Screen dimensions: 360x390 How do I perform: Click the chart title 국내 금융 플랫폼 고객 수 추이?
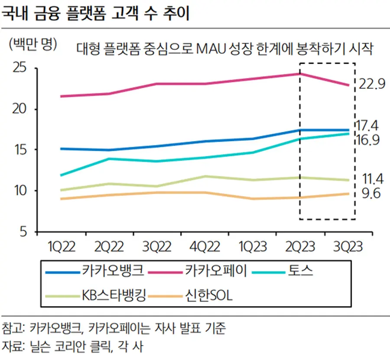pyautogui.click(x=95, y=13)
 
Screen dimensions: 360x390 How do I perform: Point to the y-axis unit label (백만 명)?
pyautogui.click(x=33, y=44)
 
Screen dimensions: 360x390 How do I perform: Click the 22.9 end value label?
pyautogui.click(x=372, y=84)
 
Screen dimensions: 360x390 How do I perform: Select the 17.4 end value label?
pyautogui.click(x=367, y=126)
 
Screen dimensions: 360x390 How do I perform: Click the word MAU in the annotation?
pyautogui.click(x=210, y=49)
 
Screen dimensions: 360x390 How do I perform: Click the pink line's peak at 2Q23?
pyautogui.click(x=300, y=74)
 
